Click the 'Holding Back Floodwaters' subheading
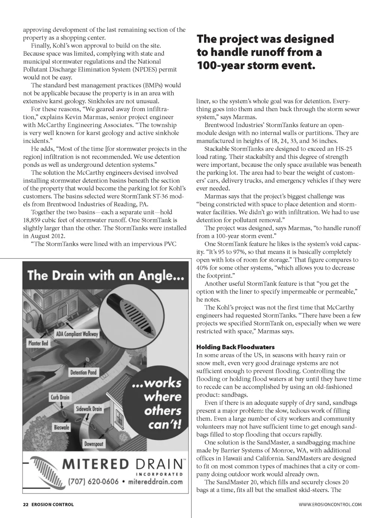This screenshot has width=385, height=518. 235,347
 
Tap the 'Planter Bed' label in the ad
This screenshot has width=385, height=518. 38,343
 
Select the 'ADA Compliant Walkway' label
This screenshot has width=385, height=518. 77,333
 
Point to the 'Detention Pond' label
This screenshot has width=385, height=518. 83,372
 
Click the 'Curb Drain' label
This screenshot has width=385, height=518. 60,397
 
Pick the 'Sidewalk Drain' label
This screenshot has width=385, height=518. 89,408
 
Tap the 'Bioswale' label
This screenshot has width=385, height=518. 61,427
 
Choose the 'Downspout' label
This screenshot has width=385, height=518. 94,444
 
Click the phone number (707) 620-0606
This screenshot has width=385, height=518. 93,481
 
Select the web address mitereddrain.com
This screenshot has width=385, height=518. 155,481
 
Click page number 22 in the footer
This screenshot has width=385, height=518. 26,504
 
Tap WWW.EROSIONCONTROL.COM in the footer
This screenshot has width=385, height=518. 330,504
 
